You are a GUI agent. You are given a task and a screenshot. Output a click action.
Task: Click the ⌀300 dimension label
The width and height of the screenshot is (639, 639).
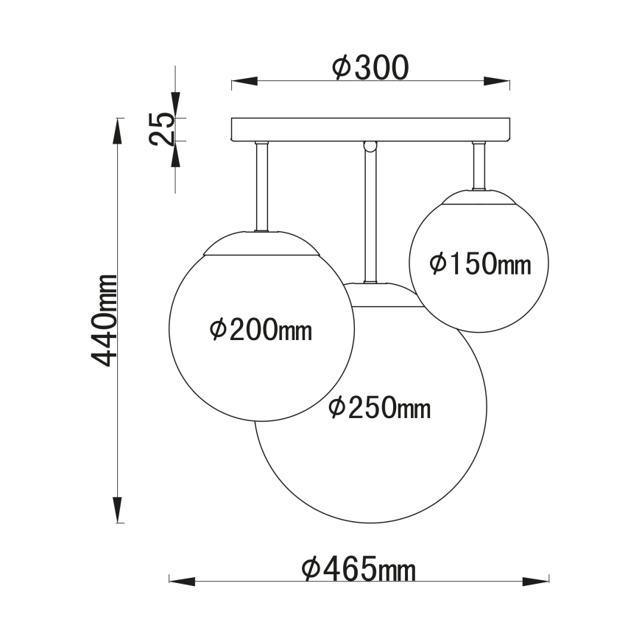(370, 67)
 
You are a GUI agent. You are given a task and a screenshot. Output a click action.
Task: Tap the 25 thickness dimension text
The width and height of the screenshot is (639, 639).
(161, 129)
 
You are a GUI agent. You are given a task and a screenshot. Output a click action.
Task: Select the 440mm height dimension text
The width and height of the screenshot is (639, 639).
(104, 320)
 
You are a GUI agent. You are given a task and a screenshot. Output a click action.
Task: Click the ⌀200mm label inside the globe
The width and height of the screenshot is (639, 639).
(261, 330)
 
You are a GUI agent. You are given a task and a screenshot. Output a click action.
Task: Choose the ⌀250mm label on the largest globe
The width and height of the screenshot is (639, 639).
(379, 407)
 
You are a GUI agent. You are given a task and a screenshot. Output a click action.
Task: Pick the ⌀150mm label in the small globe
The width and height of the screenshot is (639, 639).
(480, 264)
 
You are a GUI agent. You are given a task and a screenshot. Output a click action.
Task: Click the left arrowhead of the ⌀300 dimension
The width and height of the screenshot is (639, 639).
(244, 81)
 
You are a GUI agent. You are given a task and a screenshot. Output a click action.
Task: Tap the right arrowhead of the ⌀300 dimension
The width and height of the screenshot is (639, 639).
(497, 81)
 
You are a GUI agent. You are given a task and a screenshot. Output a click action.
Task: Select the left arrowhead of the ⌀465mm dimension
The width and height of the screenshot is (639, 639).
(182, 581)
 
